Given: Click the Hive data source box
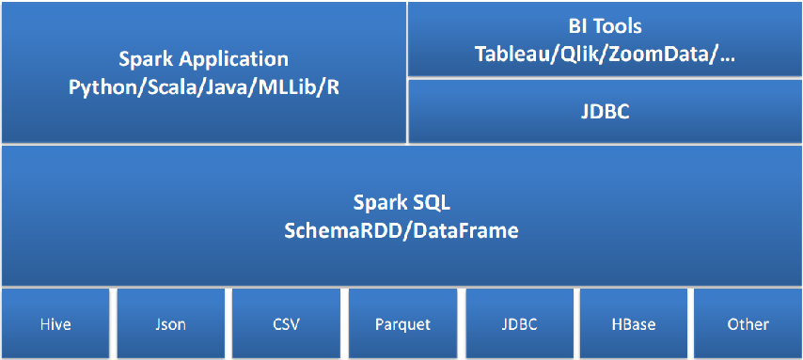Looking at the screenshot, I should click(55, 324).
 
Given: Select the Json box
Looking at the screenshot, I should click(171, 324).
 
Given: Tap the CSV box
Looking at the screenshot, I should click(287, 324).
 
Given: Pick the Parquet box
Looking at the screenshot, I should click(403, 324).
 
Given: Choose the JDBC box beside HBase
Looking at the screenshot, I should click(519, 324).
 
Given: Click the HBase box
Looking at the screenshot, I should click(634, 324).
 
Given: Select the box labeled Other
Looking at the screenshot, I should click(748, 324).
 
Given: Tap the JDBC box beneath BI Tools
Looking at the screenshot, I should click(605, 112).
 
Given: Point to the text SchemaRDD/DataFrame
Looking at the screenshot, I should click(401, 229).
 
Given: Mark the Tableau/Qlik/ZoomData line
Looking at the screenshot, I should click(606, 55).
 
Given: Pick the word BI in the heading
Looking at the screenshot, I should click(581, 27).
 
